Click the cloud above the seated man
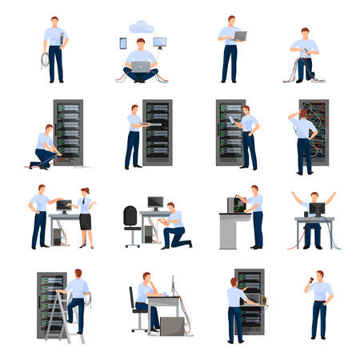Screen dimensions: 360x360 click(x=141, y=26)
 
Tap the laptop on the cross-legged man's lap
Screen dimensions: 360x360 click(x=141, y=66)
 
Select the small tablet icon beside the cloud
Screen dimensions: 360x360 click(x=123, y=43)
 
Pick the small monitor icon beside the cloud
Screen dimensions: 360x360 click(x=159, y=42)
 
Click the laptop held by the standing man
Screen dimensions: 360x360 click(x=239, y=36)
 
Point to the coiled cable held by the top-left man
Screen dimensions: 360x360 click(x=45, y=60)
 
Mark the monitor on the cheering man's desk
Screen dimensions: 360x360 click(x=317, y=210)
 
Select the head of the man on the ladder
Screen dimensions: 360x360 click(x=78, y=274)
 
